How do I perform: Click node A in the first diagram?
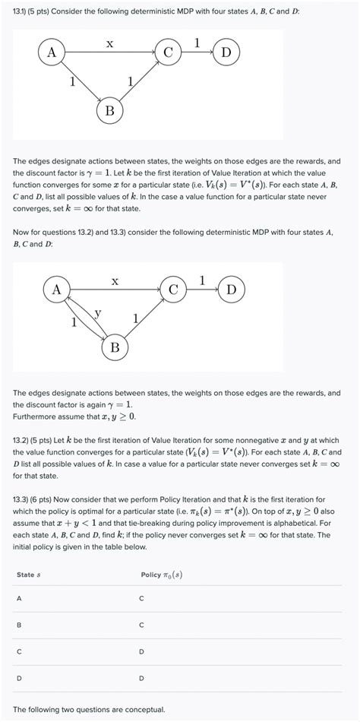[x=52, y=53]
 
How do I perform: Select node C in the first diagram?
[x=169, y=53]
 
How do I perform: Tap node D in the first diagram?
[x=226, y=53]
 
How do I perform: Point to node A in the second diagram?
[x=57, y=290]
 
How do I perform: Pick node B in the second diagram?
[x=115, y=348]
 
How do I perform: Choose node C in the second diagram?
[x=174, y=290]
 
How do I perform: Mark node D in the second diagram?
[x=232, y=290]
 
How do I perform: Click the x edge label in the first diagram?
[x=110, y=43]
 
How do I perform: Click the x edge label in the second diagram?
[x=115, y=280]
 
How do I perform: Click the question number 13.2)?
[x=24, y=440]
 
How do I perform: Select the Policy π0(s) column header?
[x=161, y=574]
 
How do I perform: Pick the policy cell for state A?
[x=141, y=599]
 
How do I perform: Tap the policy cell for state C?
[x=141, y=651]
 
